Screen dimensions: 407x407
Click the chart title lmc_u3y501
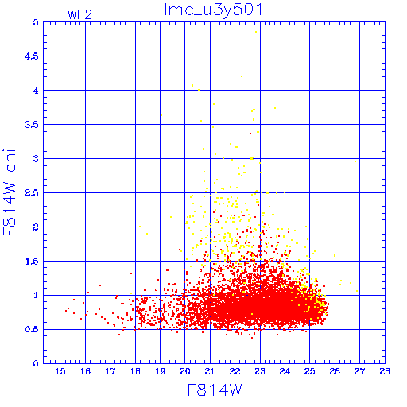(x=213, y=10)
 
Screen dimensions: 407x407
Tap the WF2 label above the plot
(x=79, y=14)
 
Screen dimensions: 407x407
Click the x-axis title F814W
(x=215, y=390)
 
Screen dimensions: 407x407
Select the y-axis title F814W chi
(x=10, y=192)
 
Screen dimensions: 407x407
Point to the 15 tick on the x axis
(x=60, y=371)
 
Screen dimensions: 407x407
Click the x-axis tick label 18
(x=135, y=371)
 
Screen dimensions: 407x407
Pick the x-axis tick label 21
(x=210, y=371)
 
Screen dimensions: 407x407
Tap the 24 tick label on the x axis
(x=285, y=371)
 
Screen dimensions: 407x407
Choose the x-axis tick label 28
(x=385, y=371)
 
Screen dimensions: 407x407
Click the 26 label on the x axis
(x=335, y=371)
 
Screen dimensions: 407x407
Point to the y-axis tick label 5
(x=36, y=22)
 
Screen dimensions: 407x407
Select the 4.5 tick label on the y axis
(x=32, y=56)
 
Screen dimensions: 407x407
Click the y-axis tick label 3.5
(x=32, y=125)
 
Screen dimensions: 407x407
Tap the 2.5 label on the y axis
(x=32, y=193)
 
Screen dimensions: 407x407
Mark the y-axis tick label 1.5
(x=32, y=262)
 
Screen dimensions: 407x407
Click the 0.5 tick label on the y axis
(x=32, y=330)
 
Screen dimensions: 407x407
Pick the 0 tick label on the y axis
(x=36, y=363)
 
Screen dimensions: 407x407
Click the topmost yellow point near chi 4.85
(x=256, y=32)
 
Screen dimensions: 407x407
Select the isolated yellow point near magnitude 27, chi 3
(x=355, y=161)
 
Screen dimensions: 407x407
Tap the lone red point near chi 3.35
(x=250, y=134)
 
